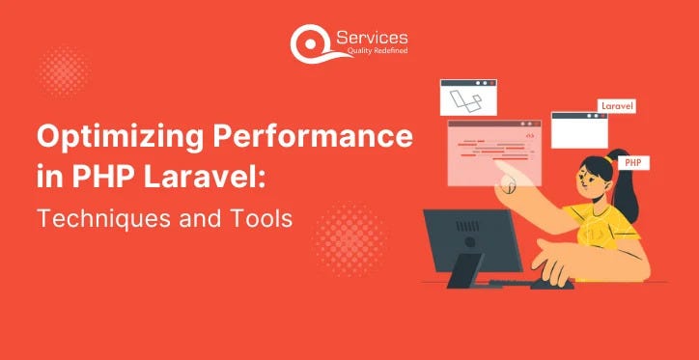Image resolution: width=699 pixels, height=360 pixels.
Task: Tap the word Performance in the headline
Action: point(313,136)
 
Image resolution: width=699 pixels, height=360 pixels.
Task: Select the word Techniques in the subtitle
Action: point(108,219)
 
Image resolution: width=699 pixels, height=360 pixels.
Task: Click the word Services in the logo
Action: point(372,37)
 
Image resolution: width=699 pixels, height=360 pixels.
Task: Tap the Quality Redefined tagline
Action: point(377,50)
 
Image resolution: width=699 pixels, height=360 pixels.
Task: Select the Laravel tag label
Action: point(617,106)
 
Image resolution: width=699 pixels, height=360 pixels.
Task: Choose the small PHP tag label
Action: point(633,163)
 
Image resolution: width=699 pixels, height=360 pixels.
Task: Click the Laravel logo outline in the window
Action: point(466,101)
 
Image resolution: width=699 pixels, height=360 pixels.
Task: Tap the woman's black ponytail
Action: point(626,182)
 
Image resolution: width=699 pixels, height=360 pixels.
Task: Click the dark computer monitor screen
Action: point(472,239)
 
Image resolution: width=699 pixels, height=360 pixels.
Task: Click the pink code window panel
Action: point(494,152)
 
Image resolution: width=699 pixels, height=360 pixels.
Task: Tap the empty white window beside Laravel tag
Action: point(579,130)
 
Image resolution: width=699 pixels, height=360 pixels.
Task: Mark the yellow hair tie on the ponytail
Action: point(608,158)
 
